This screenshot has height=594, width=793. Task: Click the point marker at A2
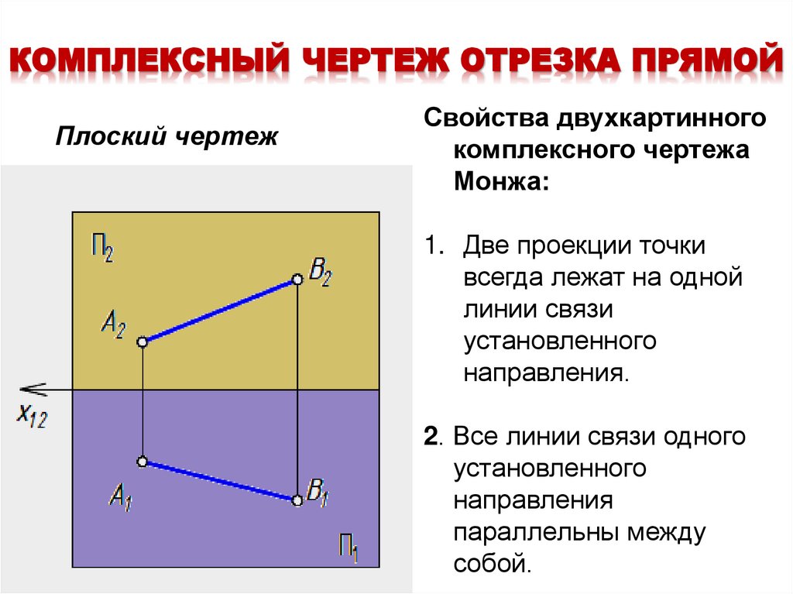[142, 342]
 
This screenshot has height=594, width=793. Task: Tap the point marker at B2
[297, 279]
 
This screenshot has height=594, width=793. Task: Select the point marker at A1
[142, 462]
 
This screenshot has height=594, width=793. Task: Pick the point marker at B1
[297, 500]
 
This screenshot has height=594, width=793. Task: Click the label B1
[318, 492]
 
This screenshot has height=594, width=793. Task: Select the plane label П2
[101, 251]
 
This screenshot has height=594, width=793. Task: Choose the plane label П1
[348, 547]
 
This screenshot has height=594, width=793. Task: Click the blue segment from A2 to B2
[219, 310]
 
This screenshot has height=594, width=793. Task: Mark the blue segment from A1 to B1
[219, 481]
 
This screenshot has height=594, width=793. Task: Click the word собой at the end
[493, 561]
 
